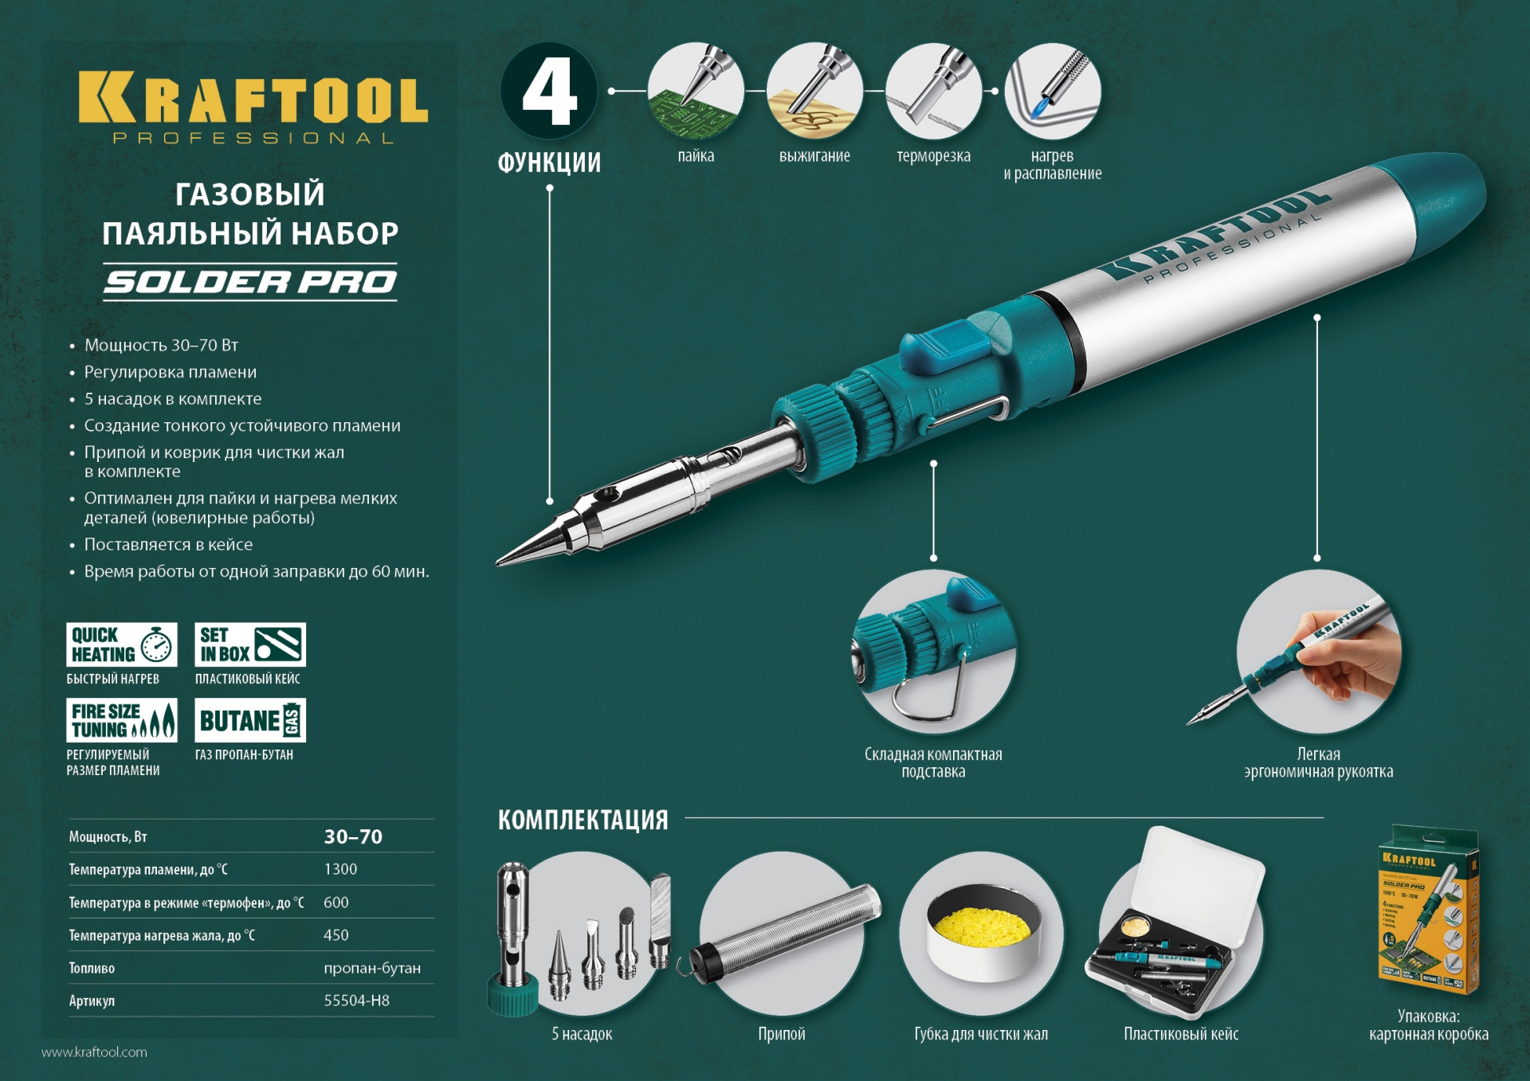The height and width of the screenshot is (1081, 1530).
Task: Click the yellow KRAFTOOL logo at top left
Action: click(253, 99)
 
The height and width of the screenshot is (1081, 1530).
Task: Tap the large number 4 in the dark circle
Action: click(549, 92)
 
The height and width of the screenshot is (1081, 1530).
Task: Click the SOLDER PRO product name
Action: click(250, 282)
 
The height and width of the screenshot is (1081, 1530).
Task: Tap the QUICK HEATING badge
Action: click(121, 644)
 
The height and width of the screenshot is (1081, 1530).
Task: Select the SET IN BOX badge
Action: click(250, 644)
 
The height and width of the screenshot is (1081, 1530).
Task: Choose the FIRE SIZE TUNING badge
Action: click(121, 720)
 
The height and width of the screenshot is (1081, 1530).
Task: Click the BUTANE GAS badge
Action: click(250, 720)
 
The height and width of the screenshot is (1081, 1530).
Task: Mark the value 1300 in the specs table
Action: click(340, 869)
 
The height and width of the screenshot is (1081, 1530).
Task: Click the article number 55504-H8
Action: click(356, 1001)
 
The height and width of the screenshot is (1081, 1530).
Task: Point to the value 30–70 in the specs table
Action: click(353, 836)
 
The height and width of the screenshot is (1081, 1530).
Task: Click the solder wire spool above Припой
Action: click(785, 932)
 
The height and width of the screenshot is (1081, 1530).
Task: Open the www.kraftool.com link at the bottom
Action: click(94, 1052)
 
